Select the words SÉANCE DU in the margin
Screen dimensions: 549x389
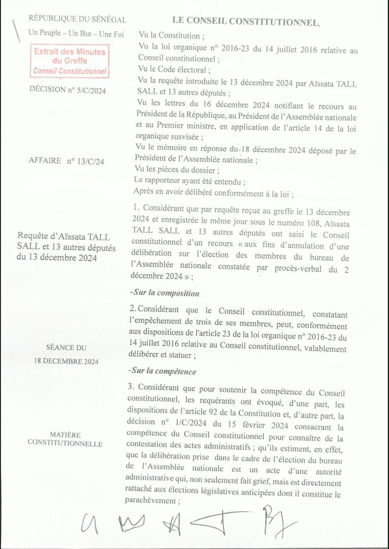click(x=66, y=348)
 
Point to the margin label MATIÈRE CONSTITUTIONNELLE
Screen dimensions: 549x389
click(x=65, y=439)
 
